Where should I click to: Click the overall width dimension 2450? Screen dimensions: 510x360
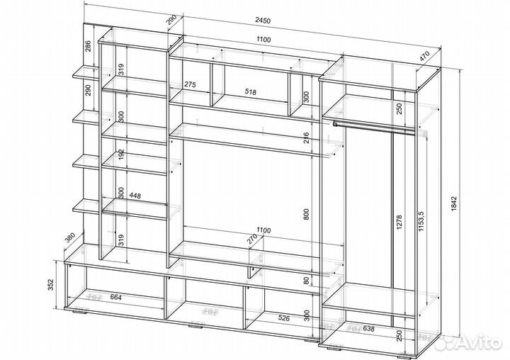click(x=263, y=20)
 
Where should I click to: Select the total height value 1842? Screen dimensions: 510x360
click(x=454, y=204)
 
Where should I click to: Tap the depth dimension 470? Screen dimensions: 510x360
click(x=424, y=56)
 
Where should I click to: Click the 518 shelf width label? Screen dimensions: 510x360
click(x=250, y=92)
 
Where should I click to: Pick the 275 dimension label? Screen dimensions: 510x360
click(x=190, y=84)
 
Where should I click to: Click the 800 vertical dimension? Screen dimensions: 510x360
click(x=306, y=214)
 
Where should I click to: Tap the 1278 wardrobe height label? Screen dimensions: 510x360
click(x=399, y=223)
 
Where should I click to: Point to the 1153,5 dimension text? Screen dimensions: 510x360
click(x=422, y=221)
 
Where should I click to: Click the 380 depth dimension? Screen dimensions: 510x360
click(x=70, y=238)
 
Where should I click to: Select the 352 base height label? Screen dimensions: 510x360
click(x=50, y=284)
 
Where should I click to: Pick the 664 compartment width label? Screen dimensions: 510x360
click(x=115, y=297)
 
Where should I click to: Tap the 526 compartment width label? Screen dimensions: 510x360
click(x=283, y=317)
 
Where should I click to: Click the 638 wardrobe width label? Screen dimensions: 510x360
click(x=368, y=329)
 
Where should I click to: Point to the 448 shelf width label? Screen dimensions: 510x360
click(x=135, y=196)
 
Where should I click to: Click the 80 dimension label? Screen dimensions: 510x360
click(x=306, y=281)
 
